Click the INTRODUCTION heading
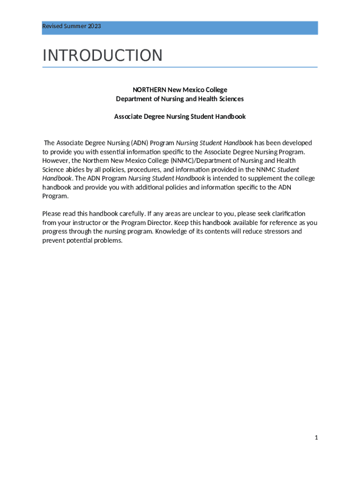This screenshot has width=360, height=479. click(102, 55)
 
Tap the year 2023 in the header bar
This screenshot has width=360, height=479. click(94, 26)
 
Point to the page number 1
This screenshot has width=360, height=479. click(316, 437)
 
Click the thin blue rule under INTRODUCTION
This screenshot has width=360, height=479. click(180, 67)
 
